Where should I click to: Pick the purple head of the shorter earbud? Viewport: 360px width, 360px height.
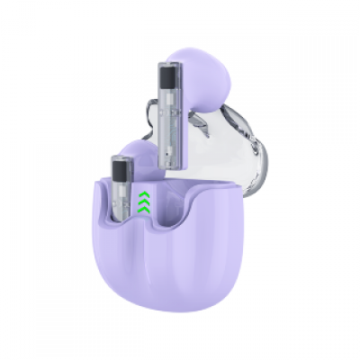pos(139,155)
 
